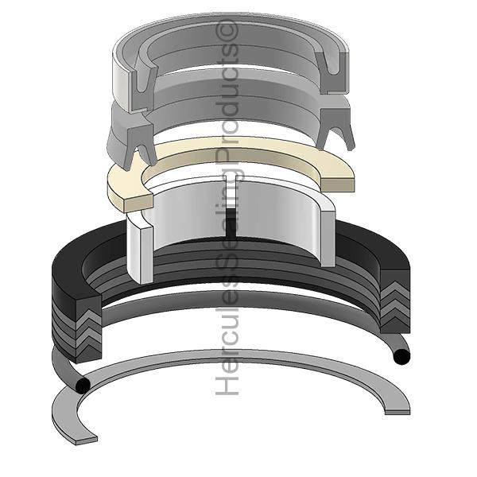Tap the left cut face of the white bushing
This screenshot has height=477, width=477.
(x=141, y=246)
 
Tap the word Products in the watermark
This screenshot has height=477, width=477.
(x=230, y=107)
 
